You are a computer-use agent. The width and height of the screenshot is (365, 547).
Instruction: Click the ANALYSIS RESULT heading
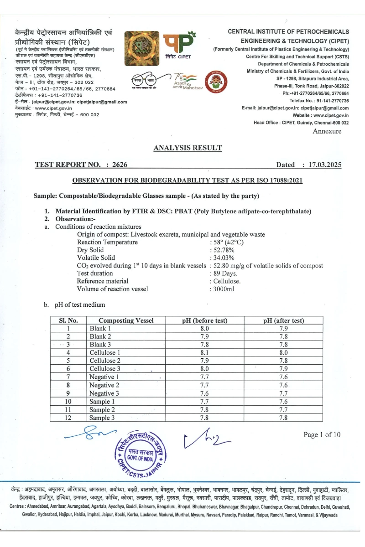tap(188, 148)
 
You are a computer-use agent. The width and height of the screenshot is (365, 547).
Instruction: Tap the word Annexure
tap(327, 131)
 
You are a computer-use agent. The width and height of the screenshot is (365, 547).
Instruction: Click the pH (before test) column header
tap(204, 320)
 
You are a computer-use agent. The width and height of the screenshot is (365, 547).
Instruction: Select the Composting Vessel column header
tap(126, 320)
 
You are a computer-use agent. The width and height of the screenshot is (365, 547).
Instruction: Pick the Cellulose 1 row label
tap(105, 352)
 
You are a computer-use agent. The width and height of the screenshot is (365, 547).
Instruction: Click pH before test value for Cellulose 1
tap(204, 352)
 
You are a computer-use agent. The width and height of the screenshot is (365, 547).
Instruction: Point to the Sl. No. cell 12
tap(68, 418)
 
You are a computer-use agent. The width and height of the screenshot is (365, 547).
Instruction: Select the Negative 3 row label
tap(104, 393)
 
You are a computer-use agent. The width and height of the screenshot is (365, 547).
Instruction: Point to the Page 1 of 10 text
tap(322, 434)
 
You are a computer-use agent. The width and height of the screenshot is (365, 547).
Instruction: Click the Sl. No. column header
tap(68, 320)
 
